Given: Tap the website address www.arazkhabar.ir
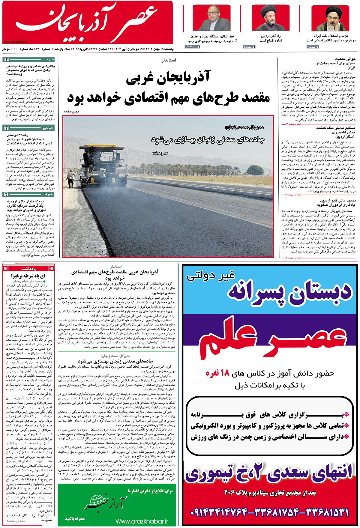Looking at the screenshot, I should click(142, 521).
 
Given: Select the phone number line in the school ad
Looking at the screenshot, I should click(269, 512).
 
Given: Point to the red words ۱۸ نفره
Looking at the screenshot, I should click(217, 373).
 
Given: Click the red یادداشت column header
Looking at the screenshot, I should click(28, 268).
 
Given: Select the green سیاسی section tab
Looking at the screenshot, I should click(48, 128).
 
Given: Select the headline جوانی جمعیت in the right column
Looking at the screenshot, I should click(345, 59).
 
